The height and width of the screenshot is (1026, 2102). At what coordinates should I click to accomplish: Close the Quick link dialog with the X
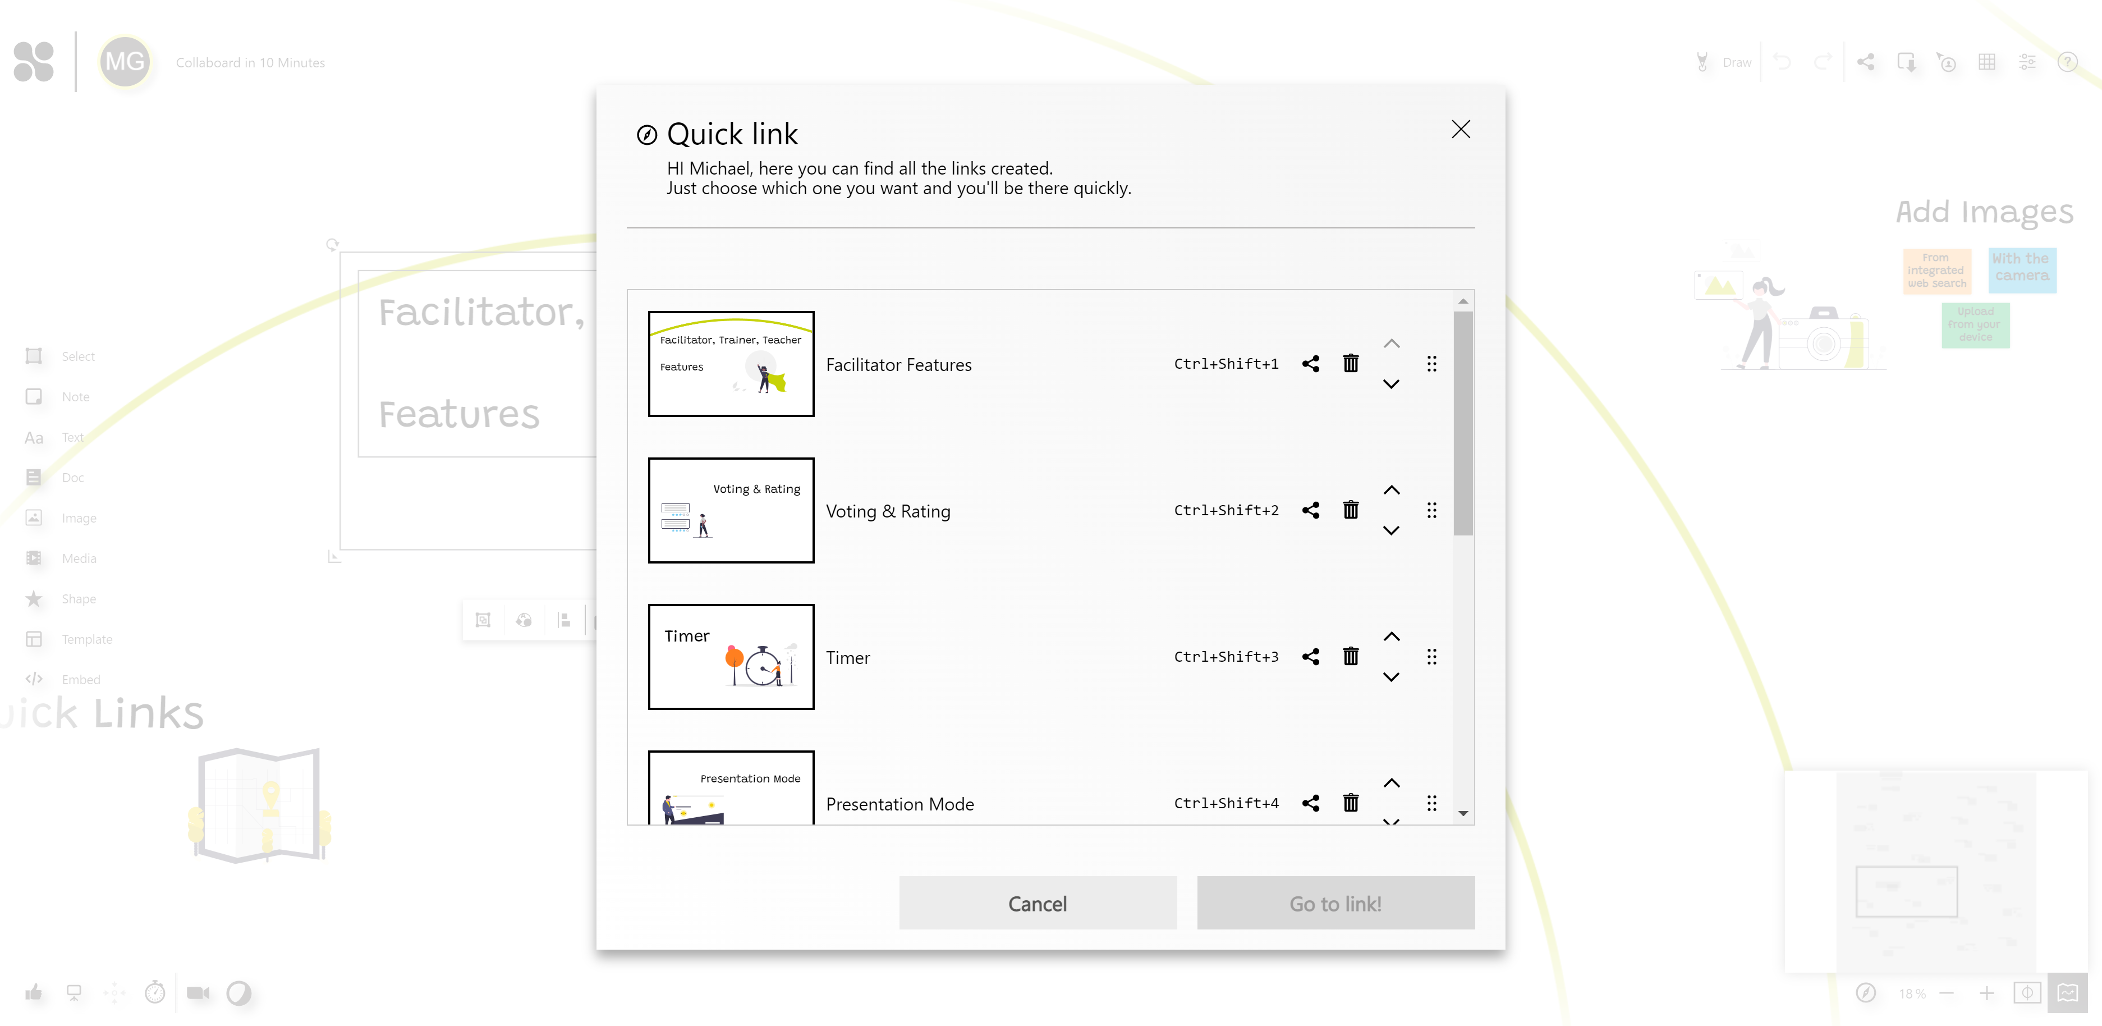coord(1461,129)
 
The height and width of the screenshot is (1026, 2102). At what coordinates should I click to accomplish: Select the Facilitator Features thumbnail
coord(731,364)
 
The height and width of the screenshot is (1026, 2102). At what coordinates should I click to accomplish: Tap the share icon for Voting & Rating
coord(1310,510)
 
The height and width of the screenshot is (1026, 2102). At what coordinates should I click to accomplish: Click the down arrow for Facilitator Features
coord(1391,384)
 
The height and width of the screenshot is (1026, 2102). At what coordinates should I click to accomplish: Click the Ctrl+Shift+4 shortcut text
coord(1226,803)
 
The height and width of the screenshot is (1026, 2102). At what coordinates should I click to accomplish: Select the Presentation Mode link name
coord(899,804)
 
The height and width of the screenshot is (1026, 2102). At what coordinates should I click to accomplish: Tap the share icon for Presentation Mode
coord(1310,803)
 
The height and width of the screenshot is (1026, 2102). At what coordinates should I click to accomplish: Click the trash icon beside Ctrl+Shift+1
coord(1351,364)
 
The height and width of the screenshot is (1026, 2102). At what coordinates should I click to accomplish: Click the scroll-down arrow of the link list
coord(1463,813)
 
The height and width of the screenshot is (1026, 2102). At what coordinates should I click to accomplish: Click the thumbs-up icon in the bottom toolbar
coord(34,992)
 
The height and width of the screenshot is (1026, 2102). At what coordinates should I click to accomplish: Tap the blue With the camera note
coord(2021,269)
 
